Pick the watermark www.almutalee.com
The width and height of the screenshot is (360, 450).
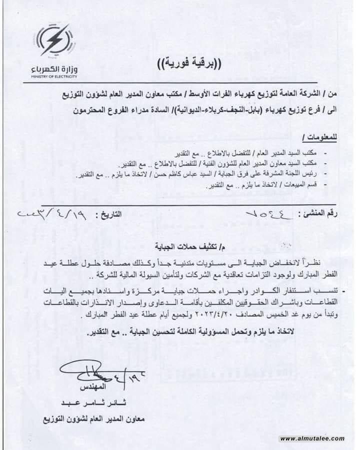point(312,439)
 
